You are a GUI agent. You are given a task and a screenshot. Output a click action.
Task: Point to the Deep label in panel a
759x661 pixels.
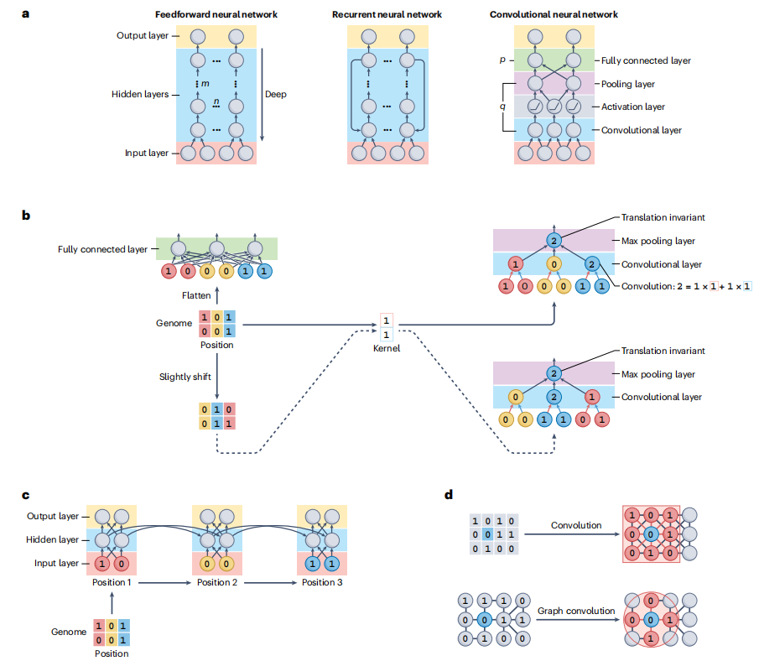(x=275, y=94)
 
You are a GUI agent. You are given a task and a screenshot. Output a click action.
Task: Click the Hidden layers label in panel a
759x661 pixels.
(x=139, y=95)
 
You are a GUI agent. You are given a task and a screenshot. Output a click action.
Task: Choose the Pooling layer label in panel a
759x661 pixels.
(x=630, y=84)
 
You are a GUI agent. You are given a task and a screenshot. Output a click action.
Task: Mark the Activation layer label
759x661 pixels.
(x=634, y=107)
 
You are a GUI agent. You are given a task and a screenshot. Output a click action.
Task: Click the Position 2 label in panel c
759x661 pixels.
(x=216, y=581)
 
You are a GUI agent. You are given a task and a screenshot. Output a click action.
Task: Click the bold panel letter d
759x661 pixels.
(x=449, y=494)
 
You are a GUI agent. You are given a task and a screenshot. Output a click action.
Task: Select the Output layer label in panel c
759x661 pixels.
(x=54, y=517)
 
